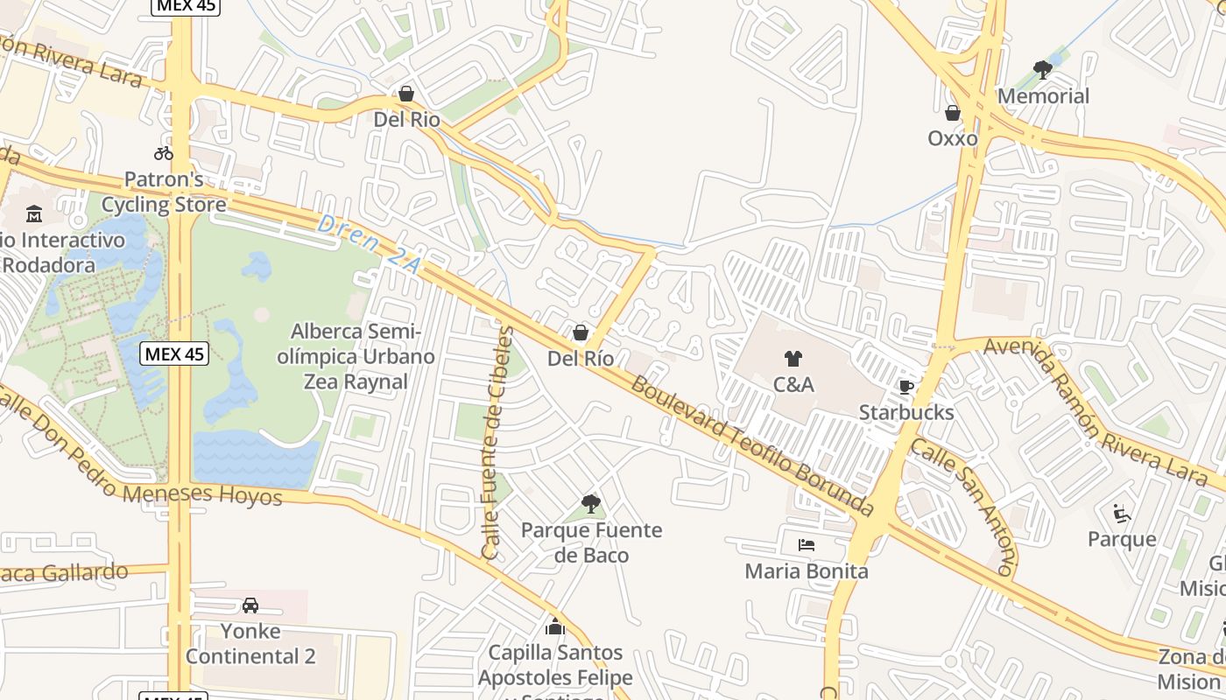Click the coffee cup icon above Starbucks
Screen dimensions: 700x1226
coord(905,387)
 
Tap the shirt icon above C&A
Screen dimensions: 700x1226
coord(793,358)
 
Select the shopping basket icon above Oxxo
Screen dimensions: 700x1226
coord(953,113)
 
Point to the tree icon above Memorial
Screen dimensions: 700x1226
coord(1042,69)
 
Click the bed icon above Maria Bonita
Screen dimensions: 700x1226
coord(807,545)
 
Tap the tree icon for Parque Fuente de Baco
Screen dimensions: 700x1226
coord(591,503)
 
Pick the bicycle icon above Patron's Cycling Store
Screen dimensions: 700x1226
coord(164,153)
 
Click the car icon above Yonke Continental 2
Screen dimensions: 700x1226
coord(250,605)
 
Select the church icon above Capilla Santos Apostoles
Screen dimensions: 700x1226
coord(555,626)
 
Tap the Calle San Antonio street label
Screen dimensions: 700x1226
coord(963,506)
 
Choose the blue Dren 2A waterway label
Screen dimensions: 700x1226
coord(368,244)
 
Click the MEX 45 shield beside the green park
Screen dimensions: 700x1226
coord(174,353)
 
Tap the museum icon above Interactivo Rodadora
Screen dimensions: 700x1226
coord(34,213)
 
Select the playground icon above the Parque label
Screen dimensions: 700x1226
coord(1121,513)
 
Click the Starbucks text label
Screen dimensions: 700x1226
coord(906,412)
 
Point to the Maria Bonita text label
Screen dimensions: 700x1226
coord(807,571)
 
